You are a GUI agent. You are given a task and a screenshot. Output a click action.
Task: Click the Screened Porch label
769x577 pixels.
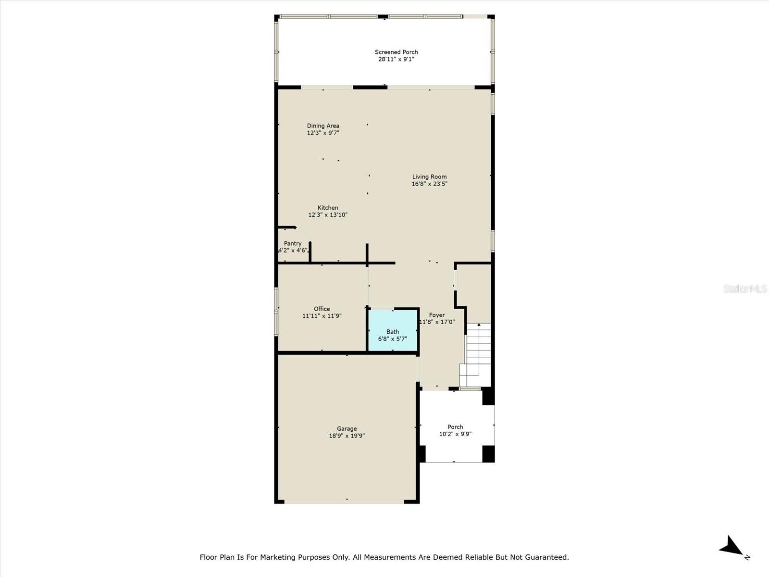(396, 52)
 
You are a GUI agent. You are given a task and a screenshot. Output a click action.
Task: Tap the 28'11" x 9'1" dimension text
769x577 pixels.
(396, 59)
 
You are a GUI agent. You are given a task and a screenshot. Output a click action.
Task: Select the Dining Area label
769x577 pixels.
(323, 125)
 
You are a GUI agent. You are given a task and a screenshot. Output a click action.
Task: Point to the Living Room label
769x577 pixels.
(429, 176)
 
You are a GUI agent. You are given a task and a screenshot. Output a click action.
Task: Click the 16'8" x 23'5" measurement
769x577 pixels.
(429, 184)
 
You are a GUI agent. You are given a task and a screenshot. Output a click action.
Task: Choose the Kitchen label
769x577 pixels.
(327, 208)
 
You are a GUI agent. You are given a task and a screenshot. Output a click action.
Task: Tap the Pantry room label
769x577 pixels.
(292, 243)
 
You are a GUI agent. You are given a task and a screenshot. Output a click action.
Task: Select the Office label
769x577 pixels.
(322, 309)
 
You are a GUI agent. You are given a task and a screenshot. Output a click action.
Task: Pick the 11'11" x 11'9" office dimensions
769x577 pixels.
(322, 316)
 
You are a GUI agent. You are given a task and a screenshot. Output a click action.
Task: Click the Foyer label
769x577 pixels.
(436, 315)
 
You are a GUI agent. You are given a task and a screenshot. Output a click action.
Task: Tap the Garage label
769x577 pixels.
(347, 428)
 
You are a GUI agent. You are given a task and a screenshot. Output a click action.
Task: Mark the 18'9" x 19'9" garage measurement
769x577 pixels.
(347, 436)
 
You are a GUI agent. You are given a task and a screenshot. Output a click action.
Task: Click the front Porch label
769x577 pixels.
(455, 426)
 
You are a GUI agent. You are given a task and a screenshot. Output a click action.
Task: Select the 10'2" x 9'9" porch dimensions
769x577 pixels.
(455, 434)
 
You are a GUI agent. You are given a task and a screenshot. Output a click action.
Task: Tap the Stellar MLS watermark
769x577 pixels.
(744, 288)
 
